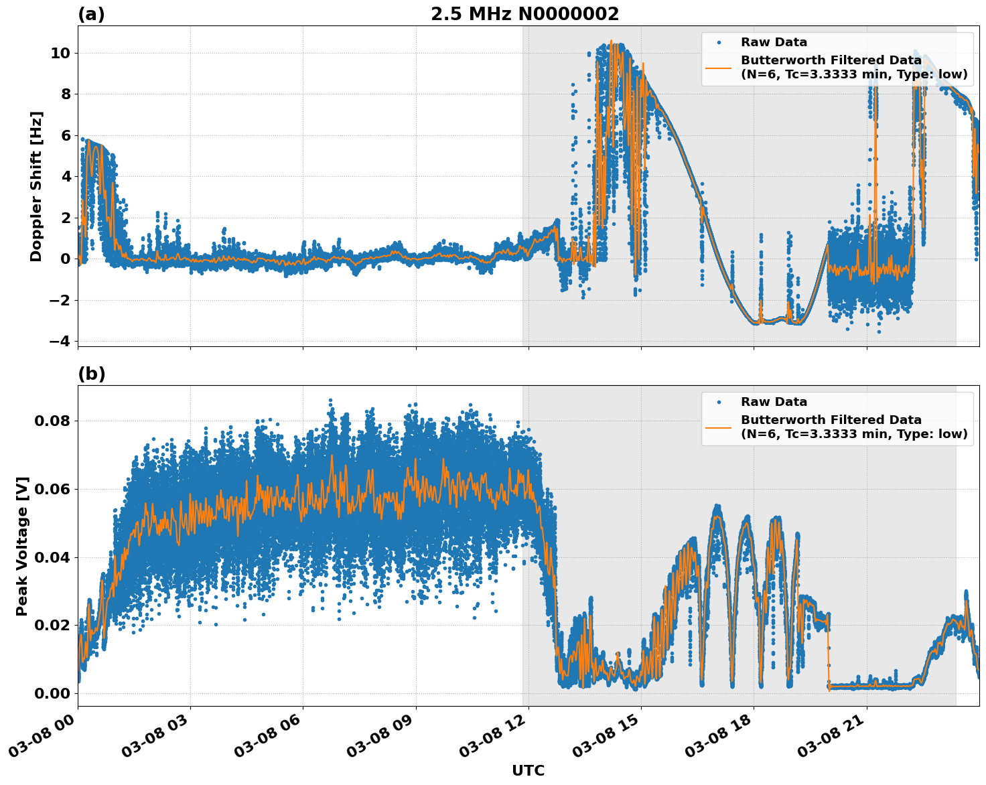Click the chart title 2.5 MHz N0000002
pyautogui.click(x=524, y=14)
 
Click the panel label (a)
pyautogui.click(x=91, y=14)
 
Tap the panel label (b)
pyautogui.click(x=91, y=374)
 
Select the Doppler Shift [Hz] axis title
pyautogui.click(x=36, y=186)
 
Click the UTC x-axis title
pyautogui.click(x=528, y=770)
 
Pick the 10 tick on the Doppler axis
pyautogui.click(x=60, y=53)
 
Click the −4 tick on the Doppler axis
pyautogui.click(x=59, y=341)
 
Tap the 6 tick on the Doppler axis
pyautogui.click(x=65, y=135)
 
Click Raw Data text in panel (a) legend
pyautogui.click(x=774, y=42)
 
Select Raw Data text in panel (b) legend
pyautogui.click(x=774, y=402)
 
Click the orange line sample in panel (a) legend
pyautogui.click(x=719, y=67)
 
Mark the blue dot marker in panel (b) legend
pyautogui.click(x=719, y=402)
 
